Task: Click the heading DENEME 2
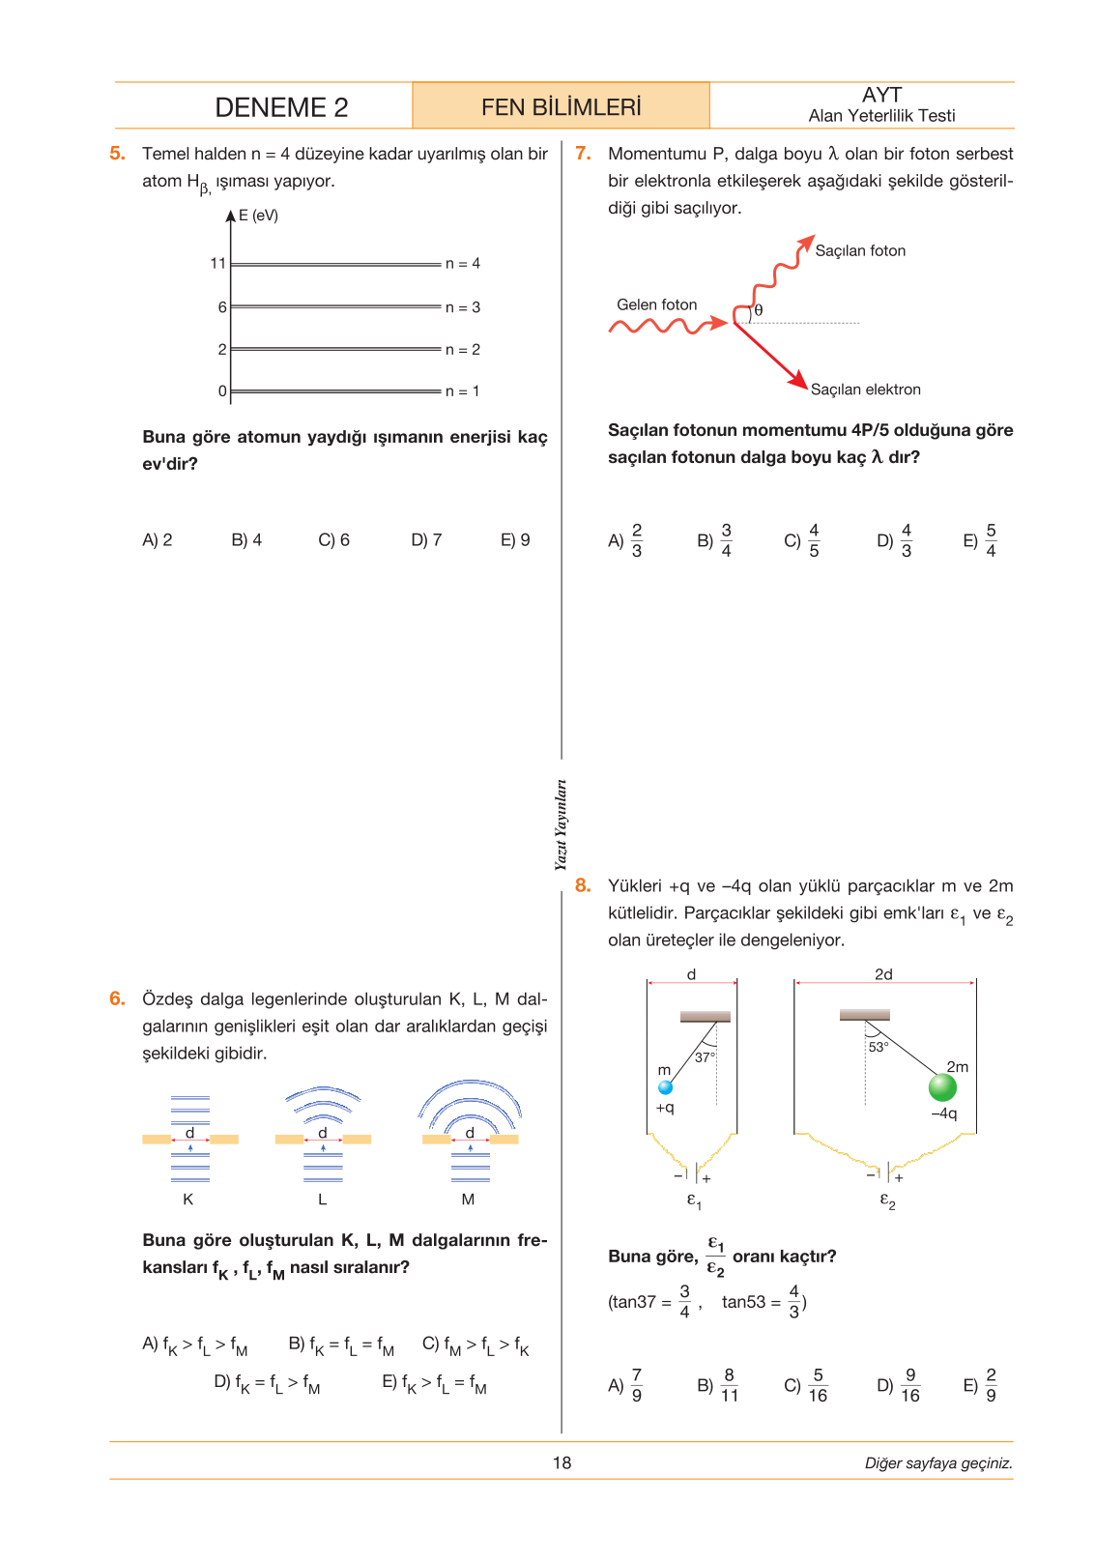coord(281,107)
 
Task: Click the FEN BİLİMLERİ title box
coord(561,105)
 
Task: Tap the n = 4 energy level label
coord(462,264)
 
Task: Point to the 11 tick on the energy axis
coord(217,264)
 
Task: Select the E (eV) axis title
coord(258,216)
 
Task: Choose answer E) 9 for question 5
coord(515,540)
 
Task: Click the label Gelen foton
coord(656,304)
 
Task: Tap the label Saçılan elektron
coord(865,390)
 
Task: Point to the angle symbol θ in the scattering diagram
coord(759,310)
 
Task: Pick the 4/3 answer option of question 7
coord(894,540)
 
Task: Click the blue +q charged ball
coord(665,1087)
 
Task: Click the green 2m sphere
coord(941,1087)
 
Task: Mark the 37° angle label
coord(705,1057)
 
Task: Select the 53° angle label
coord(879,1047)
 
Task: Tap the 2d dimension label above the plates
coord(883,974)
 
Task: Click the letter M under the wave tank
coord(468,1200)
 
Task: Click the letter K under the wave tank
coord(187,1200)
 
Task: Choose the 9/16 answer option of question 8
coord(898,1385)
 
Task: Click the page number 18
coord(562,1462)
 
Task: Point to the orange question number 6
coord(117,998)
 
